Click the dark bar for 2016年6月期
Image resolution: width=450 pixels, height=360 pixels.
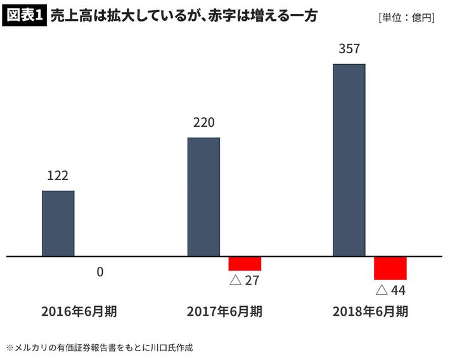(58, 223)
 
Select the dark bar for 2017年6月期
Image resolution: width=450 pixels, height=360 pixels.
(203, 196)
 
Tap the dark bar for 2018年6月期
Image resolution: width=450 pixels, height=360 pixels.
(349, 160)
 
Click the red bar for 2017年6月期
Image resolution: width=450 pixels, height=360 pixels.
(245, 264)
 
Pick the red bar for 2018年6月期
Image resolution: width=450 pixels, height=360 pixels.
(390, 268)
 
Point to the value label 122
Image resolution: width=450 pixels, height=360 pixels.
(58, 176)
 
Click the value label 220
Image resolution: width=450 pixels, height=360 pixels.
(203, 123)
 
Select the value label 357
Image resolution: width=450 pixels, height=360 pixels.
(349, 49)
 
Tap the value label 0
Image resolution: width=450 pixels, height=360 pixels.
(100, 272)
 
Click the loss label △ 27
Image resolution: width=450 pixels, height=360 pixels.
(245, 280)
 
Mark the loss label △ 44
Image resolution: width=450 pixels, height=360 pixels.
(390, 290)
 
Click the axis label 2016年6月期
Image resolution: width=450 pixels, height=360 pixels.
(79, 312)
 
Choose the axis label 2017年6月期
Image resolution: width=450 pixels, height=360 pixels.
(224, 312)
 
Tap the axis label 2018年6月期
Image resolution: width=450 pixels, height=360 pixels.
(370, 312)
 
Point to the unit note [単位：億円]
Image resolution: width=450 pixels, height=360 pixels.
(406, 18)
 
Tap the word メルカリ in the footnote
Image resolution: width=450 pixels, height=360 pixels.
(30, 347)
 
